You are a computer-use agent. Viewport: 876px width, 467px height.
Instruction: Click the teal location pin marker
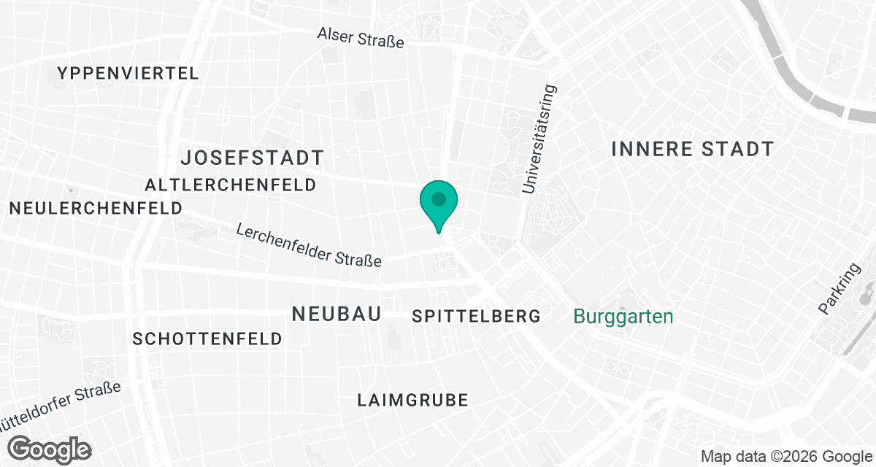(x=438, y=205)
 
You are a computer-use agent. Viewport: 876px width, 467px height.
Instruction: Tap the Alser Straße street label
(x=361, y=37)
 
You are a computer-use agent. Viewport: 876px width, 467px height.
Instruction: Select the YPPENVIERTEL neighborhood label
(x=128, y=73)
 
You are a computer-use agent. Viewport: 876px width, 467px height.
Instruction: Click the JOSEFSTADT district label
(x=252, y=157)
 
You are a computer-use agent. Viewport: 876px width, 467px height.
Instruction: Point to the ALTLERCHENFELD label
(x=231, y=185)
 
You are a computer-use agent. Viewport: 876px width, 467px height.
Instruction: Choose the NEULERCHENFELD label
(x=96, y=208)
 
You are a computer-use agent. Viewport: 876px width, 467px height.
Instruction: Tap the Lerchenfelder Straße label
(x=309, y=245)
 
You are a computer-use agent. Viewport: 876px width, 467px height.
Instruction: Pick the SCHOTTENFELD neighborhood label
(x=207, y=339)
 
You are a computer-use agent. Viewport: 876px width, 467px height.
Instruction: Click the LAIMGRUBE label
(x=412, y=400)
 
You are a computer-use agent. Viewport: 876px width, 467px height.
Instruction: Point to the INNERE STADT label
(x=692, y=149)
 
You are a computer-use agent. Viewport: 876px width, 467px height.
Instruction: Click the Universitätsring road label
(x=539, y=140)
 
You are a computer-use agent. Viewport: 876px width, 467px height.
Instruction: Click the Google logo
(x=50, y=448)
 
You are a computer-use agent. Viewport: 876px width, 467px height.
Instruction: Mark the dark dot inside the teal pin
(x=438, y=198)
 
